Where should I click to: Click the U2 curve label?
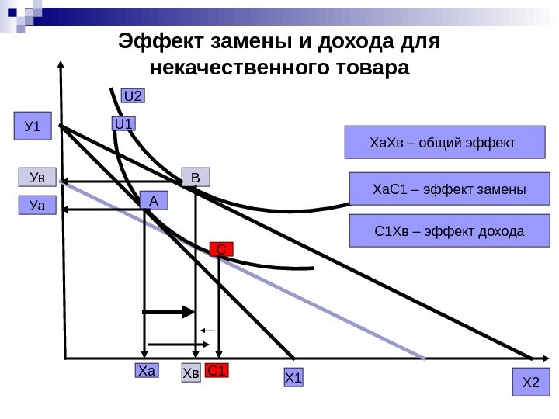pyautogui.click(x=134, y=96)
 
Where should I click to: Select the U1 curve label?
pyautogui.click(x=123, y=123)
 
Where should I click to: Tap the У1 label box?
pyautogui.click(x=33, y=126)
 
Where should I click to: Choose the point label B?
pyautogui.click(x=196, y=178)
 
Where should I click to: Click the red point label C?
pyautogui.click(x=221, y=249)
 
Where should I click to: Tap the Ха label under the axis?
pyautogui.click(x=146, y=371)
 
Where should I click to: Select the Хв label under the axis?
pyautogui.click(x=191, y=373)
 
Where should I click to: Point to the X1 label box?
pyautogui.click(x=293, y=378)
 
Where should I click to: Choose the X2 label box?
pyautogui.click(x=531, y=382)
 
